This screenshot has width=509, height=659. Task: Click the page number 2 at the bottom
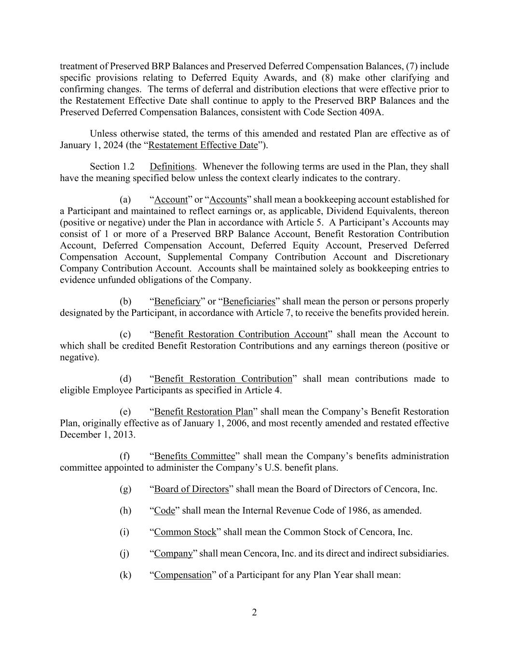[x=254, y=613]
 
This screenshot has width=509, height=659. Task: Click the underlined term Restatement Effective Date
[x=203, y=145]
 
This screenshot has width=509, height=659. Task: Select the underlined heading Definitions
[x=172, y=167]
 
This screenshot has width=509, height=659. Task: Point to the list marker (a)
[x=125, y=200]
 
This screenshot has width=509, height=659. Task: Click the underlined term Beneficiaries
[x=249, y=302]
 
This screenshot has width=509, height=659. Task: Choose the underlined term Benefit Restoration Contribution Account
[x=241, y=335]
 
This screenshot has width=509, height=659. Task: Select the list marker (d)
[x=125, y=379]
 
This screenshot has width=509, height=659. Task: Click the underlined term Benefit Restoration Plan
[x=203, y=412]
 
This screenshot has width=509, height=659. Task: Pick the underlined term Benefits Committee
[x=194, y=456]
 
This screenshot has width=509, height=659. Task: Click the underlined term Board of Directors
[x=191, y=489]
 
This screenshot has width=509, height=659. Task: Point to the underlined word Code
[x=164, y=511]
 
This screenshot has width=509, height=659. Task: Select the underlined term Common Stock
[x=185, y=532]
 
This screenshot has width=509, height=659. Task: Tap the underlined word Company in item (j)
[x=173, y=554]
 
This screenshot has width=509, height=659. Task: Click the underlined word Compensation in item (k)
[x=183, y=575]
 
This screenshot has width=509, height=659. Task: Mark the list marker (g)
[x=125, y=489]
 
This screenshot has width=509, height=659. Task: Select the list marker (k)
[x=125, y=575]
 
